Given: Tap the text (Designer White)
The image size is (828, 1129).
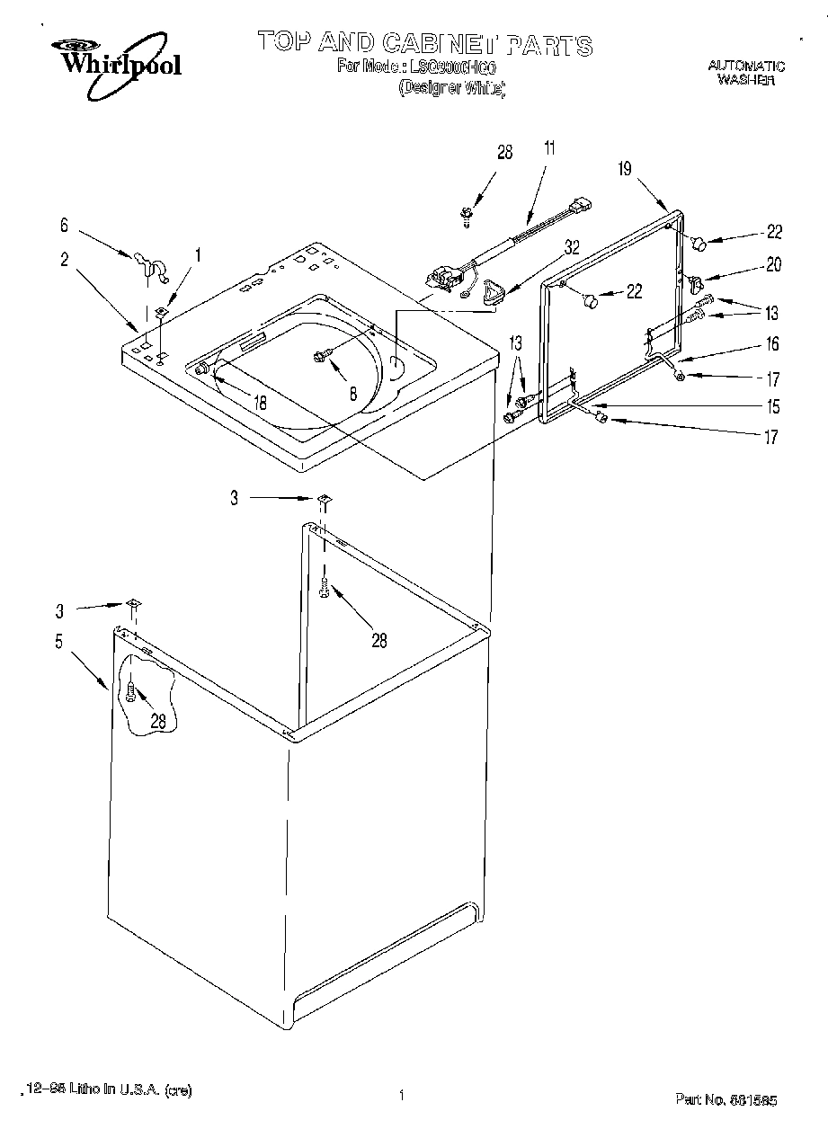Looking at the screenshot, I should click(x=451, y=88).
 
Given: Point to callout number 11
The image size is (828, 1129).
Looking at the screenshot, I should click(x=549, y=149).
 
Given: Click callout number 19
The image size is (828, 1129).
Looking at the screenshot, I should click(x=626, y=168).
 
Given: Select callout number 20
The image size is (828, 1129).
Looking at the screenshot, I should click(x=773, y=264).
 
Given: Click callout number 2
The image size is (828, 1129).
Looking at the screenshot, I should click(x=64, y=260).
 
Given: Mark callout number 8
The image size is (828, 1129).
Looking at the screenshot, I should click(x=352, y=392).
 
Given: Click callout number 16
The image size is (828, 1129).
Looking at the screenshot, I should click(x=772, y=343).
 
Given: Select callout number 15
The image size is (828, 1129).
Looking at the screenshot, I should click(x=772, y=406).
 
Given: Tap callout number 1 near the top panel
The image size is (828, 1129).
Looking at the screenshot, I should click(x=198, y=255).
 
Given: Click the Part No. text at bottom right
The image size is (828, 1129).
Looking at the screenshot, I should click(x=726, y=1098).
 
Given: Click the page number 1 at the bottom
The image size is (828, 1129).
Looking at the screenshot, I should click(x=400, y=1095).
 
